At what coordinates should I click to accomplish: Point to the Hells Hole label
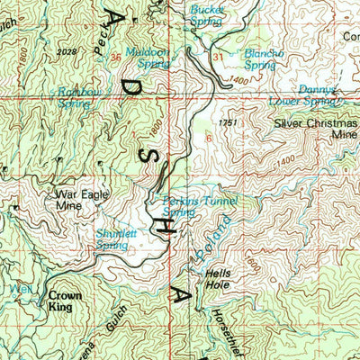coord(219,279)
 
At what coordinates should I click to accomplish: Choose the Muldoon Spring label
coord(148,58)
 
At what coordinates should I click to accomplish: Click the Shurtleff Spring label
coord(112,238)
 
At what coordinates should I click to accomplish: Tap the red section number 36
coord(115,58)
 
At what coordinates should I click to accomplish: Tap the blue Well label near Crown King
coord(20,290)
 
